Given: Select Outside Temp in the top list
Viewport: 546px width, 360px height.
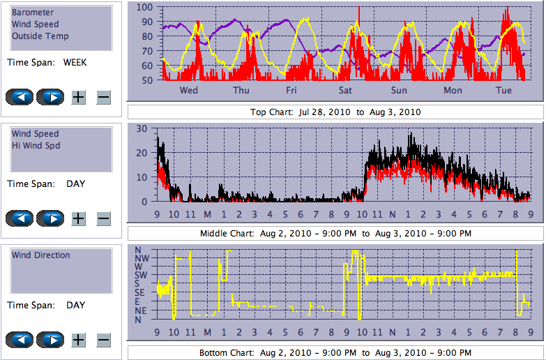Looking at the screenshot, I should click(40, 36).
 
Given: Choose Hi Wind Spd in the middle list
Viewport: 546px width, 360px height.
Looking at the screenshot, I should click(36, 146).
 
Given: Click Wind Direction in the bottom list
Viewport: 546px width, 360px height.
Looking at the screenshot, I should click(40, 255).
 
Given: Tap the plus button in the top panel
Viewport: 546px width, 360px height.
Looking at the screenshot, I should click(79, 97).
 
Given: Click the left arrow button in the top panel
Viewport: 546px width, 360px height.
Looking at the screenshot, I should click(20, 97).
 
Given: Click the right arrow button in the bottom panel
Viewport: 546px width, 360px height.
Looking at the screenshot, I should click(50, 340).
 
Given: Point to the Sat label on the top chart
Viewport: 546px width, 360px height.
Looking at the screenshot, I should click(345, 91).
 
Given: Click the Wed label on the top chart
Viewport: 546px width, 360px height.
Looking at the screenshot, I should click(188, 91).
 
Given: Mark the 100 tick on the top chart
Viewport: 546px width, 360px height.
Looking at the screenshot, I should click(144, 8).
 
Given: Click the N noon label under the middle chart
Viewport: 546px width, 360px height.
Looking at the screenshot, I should click(392, 214).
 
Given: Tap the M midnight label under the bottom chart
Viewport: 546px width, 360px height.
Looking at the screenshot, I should click(207, 332).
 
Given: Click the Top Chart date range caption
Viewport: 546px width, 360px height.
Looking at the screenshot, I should click(335, 112).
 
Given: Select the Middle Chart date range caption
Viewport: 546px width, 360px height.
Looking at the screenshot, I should click(335, 233).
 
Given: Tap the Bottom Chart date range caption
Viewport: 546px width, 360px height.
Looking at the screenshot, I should click(335, 352).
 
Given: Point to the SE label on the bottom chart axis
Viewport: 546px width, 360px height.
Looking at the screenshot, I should click(139, 292).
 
